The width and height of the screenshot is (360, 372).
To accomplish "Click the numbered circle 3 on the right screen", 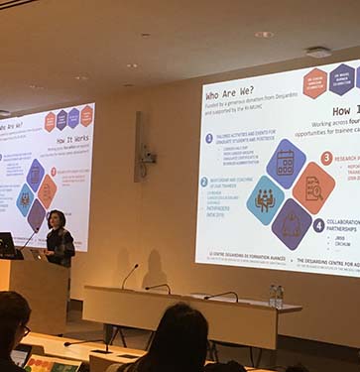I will [x=326, y=157].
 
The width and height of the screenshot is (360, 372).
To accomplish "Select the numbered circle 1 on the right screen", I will [x=208, y=139].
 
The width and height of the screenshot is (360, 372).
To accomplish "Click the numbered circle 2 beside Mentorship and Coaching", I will [x=204, y=182].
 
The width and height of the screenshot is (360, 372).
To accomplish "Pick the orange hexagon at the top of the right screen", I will [x=315, y=81].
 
